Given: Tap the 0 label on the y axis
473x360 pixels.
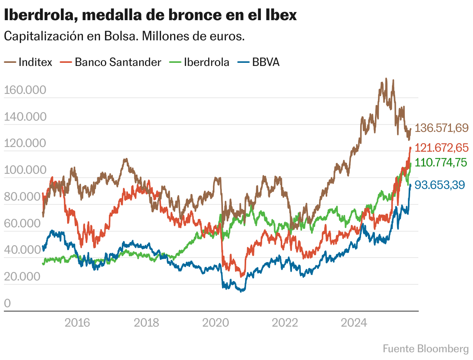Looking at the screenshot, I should tap(8, 303).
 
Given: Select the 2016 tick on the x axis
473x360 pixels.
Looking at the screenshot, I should tap(77, 322).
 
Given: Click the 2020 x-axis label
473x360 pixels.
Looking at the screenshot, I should tap(216, 322).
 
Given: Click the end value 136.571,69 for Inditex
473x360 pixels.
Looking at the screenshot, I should tap(442, 128).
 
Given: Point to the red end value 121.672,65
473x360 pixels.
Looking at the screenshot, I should tap(442, 148).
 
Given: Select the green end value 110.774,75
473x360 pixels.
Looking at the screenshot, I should tap(441, 163).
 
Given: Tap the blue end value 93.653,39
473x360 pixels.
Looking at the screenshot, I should tap(440, 185).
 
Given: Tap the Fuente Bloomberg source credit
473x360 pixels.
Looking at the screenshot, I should tap(425, 349).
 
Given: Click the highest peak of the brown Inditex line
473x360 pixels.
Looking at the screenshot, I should tap(386, 79).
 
